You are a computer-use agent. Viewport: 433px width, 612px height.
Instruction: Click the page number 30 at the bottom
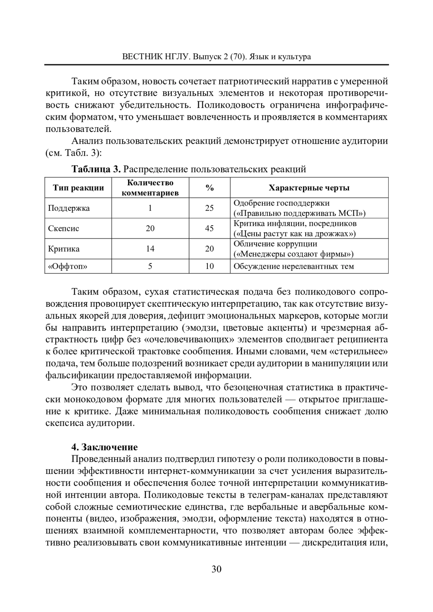[216, 569]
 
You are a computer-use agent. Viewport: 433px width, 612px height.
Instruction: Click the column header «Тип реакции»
[78, 188]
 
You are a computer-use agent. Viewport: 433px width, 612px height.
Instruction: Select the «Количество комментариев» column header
[150, 188]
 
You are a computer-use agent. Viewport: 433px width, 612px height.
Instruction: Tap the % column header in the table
[209, 188]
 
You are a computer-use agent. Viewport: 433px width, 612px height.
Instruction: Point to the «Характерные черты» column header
[309, 188]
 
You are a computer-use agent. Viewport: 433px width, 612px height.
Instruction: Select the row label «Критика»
[64, 249]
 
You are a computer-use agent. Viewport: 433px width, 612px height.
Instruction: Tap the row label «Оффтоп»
[68, 267]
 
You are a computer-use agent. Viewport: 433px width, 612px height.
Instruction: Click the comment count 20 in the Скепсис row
[150, 229]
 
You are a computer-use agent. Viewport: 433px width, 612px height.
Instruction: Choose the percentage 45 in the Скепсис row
[209, 229]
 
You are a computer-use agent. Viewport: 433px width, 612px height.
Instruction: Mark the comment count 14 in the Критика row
[150, 249]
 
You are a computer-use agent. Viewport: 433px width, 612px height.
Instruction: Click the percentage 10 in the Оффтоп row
[209, 267]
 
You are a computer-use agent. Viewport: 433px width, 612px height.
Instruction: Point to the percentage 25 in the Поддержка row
[209, 208]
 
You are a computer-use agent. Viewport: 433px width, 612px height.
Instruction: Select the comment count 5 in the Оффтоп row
[150, 267]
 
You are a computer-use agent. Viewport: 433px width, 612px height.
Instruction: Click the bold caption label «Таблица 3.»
[96, 169]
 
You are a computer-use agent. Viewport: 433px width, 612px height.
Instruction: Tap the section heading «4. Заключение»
[105, 447]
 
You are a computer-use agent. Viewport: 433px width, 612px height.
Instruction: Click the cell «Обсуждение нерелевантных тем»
[294, 267]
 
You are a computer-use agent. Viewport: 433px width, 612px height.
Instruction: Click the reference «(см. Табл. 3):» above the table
[74, 153]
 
